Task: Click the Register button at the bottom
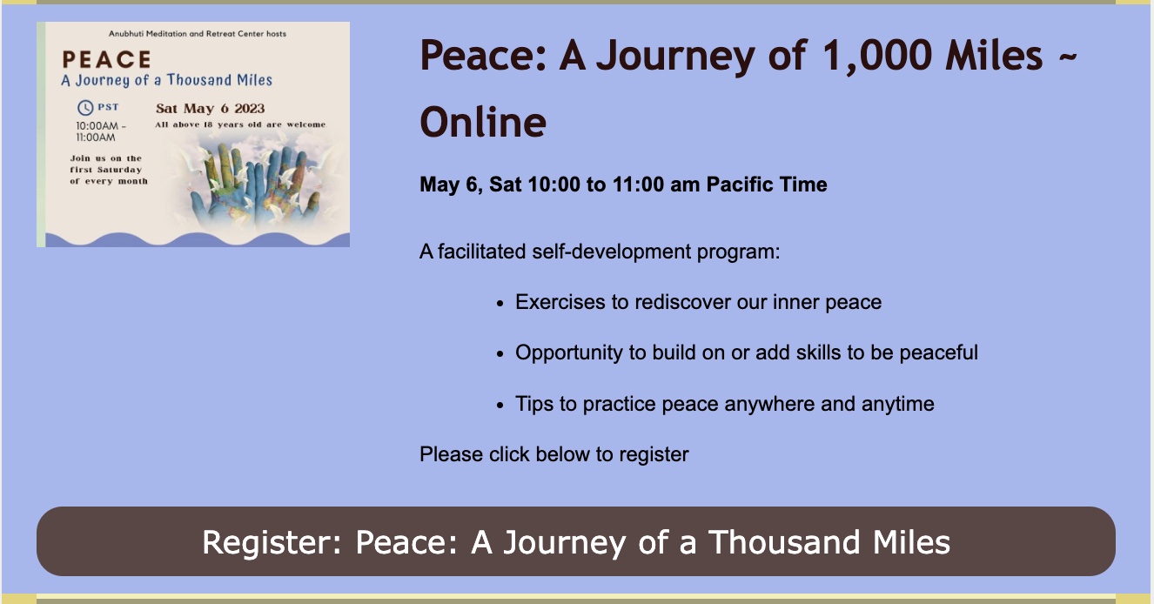coord(576,541)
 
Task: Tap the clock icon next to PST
coord(85,108)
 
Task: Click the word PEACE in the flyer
coord(107,59)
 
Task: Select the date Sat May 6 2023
coord(211,108)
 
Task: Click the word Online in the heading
coord(483,122)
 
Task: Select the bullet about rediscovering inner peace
coord(698,302)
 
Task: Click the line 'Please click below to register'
coord(554,454)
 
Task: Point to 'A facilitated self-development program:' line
coord(600,252)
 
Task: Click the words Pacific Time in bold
coord(767,185)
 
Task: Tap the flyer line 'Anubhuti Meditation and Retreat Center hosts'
coord(198,34)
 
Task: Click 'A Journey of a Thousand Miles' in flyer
coord(166,80)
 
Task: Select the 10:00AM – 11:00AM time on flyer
coord(100,131)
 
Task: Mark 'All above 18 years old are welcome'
coord(240,124)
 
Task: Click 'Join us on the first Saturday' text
coord(106,164)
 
